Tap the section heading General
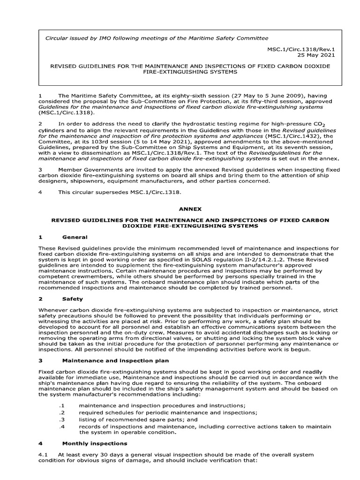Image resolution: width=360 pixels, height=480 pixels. coord(75,237)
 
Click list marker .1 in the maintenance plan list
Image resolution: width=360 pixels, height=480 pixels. coord(61,406)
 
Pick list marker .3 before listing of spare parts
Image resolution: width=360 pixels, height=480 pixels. coord(61,420)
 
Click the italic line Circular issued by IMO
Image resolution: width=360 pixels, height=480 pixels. coord(156,38)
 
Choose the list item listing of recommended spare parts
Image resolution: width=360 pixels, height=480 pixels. coord(138,420)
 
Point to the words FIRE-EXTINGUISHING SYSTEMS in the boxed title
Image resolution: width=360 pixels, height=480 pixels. coord(190,72)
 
